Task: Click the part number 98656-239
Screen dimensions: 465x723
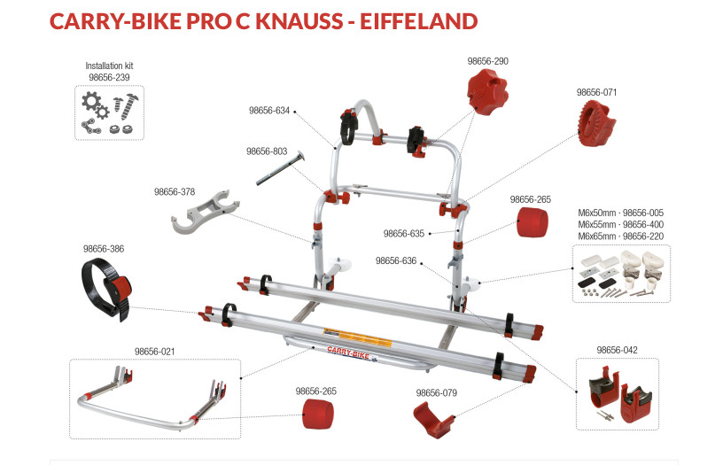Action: click(110, 77)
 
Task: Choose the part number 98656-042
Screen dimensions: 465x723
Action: click(618, 349)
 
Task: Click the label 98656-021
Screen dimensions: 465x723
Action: click(154, 351)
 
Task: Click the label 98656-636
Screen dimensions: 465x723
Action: click(396, 261)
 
